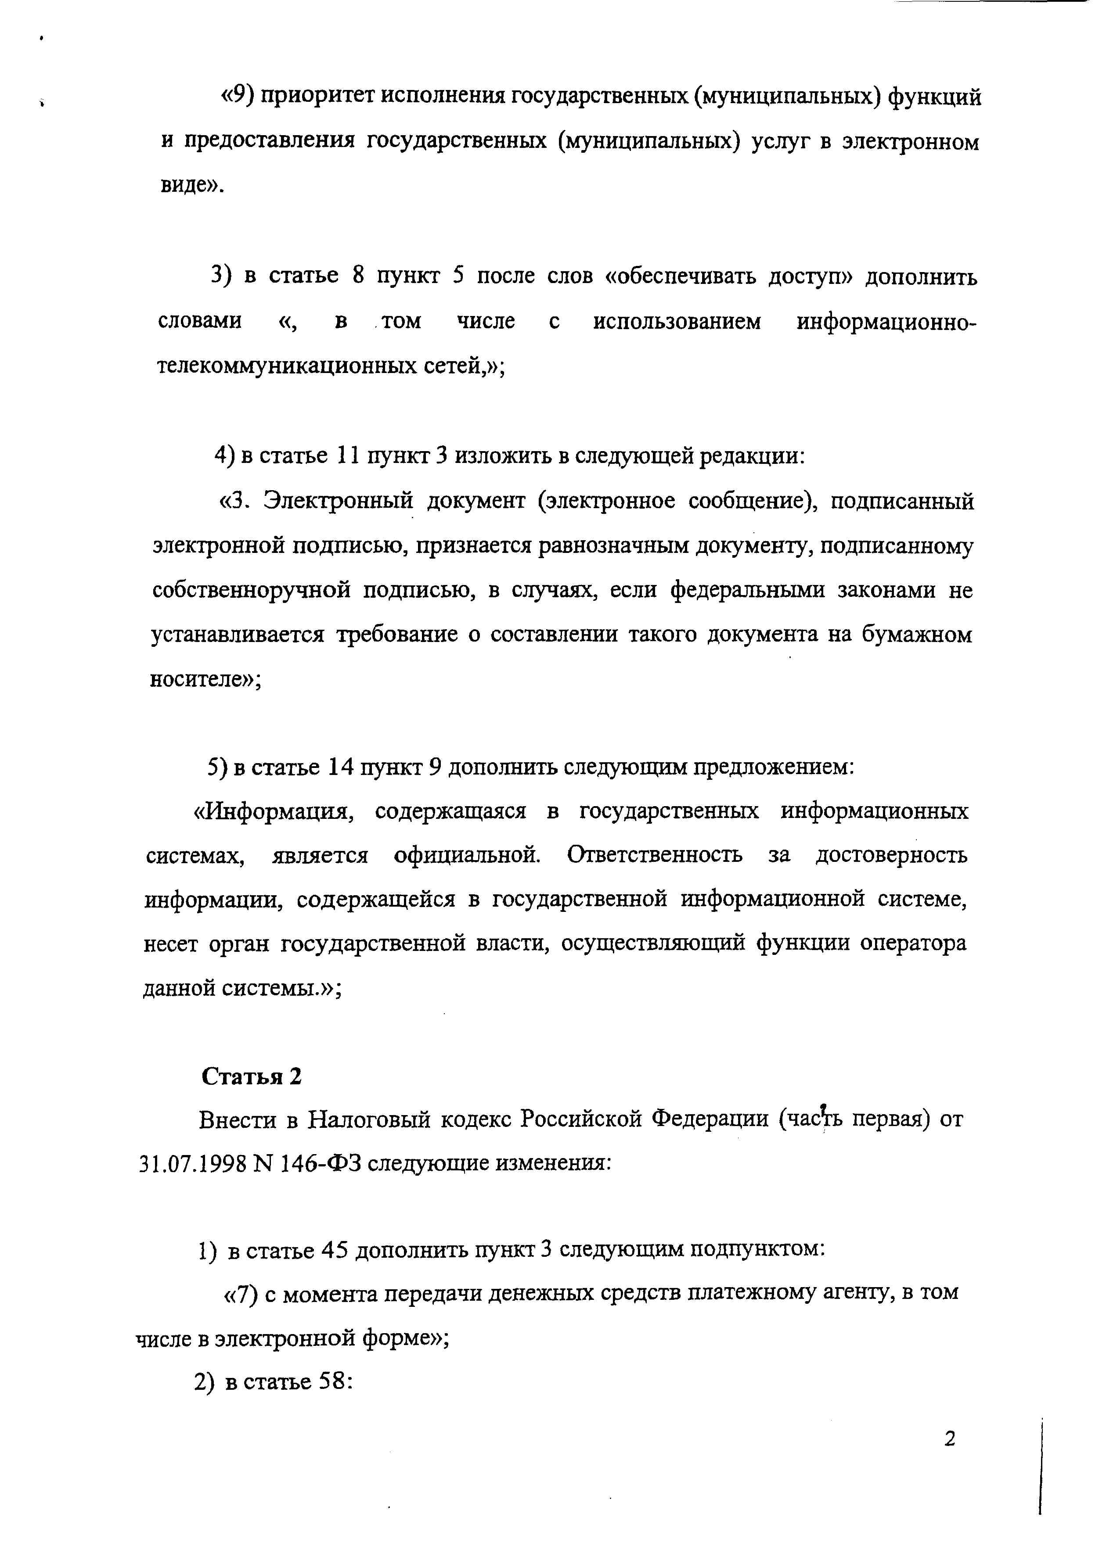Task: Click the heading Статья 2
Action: click(251, 1076)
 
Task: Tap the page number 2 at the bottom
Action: click(950, 1438)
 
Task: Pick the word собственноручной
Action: click(251, 589)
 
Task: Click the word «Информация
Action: click(272, 811)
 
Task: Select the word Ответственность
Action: click(655, 855)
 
